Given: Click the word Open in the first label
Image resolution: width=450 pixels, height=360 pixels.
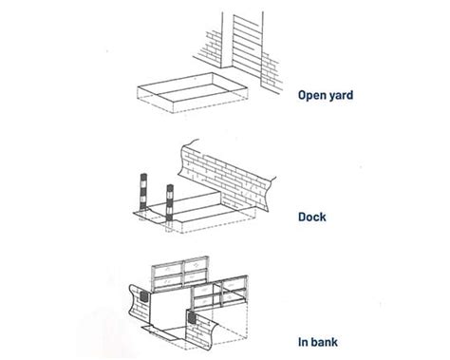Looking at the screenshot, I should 311,94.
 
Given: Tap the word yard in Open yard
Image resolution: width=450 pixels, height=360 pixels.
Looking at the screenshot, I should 344,94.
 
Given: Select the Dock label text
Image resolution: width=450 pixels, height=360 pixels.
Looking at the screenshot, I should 314,218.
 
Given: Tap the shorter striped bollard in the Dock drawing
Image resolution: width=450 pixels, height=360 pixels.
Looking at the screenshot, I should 170,203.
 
